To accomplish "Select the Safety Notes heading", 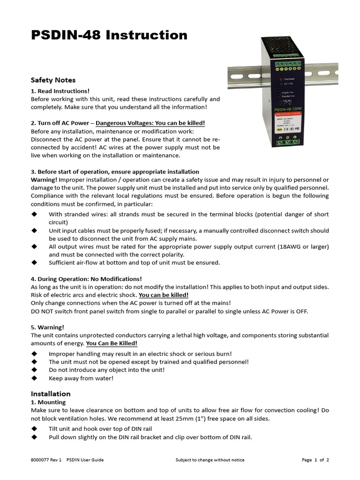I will pyautogui.click(x=53, y=80).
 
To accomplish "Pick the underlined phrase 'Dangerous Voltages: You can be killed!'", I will pyautogui.click(x=150, y=123).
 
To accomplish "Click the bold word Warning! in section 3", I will pyautogui.click(x=44, y=180).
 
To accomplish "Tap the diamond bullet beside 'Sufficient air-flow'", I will pyautogui.click(x=34, y=262).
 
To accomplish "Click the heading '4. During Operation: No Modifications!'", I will pyautogui.click(x=86, y=279).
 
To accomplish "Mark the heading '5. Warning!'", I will pyautogui.click(x=47, y=327).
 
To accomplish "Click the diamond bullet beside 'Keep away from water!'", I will pyautogui.click(x=34, y=378).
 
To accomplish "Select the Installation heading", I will pyautogui.click(x=51, y=394).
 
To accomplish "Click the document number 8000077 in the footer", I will pyautogui.click(x=40, y=460).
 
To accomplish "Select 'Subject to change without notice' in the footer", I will pyautogui.click(x=210, y=460).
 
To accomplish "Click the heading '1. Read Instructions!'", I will pyautogui.click(x=60, y=91).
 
